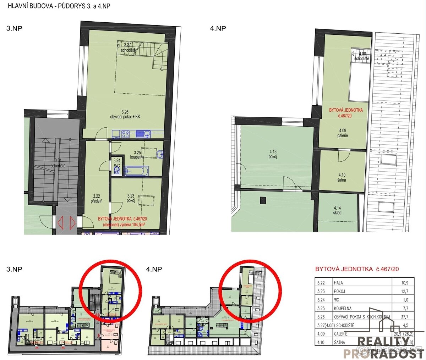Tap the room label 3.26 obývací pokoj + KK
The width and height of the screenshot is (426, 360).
124,114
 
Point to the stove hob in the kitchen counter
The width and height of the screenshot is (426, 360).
126,134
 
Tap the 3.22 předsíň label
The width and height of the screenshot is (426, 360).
97,198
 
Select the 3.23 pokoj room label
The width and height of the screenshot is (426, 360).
131,198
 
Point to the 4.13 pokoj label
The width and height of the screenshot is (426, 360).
273,154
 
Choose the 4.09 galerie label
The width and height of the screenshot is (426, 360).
343,133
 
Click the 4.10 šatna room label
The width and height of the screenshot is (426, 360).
342,177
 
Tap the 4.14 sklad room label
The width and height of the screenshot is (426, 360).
337,210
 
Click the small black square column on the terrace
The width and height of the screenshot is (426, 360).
263,200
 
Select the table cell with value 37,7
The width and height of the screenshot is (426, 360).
404,317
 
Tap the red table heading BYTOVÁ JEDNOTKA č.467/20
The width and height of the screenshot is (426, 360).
357,269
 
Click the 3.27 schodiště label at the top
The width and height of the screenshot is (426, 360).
128,47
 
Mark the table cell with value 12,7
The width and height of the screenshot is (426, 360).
404,291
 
